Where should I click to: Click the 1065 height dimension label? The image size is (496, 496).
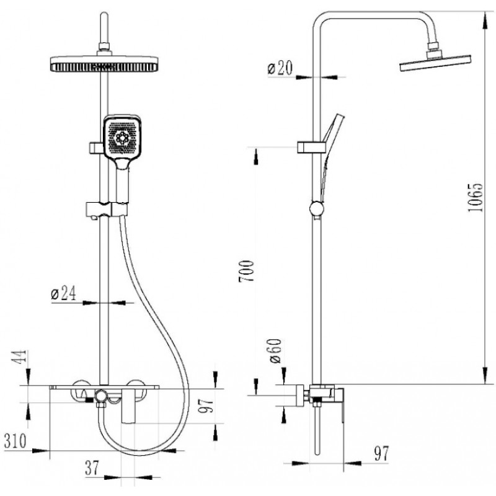tap(476, 197)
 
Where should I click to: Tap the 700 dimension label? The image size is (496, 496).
tap(246, 271)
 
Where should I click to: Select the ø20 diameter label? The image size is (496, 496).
tap(280, 68)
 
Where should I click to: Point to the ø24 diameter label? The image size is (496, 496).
tap(63, 293)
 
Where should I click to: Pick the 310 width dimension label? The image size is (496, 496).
tap(15, 440)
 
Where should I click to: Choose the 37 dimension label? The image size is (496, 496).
tap(92, 467)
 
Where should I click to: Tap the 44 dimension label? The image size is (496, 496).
tap(20, 357)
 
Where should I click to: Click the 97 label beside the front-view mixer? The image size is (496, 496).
tap(206, 405)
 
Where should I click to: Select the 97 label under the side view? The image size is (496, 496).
tap(381, 453)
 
